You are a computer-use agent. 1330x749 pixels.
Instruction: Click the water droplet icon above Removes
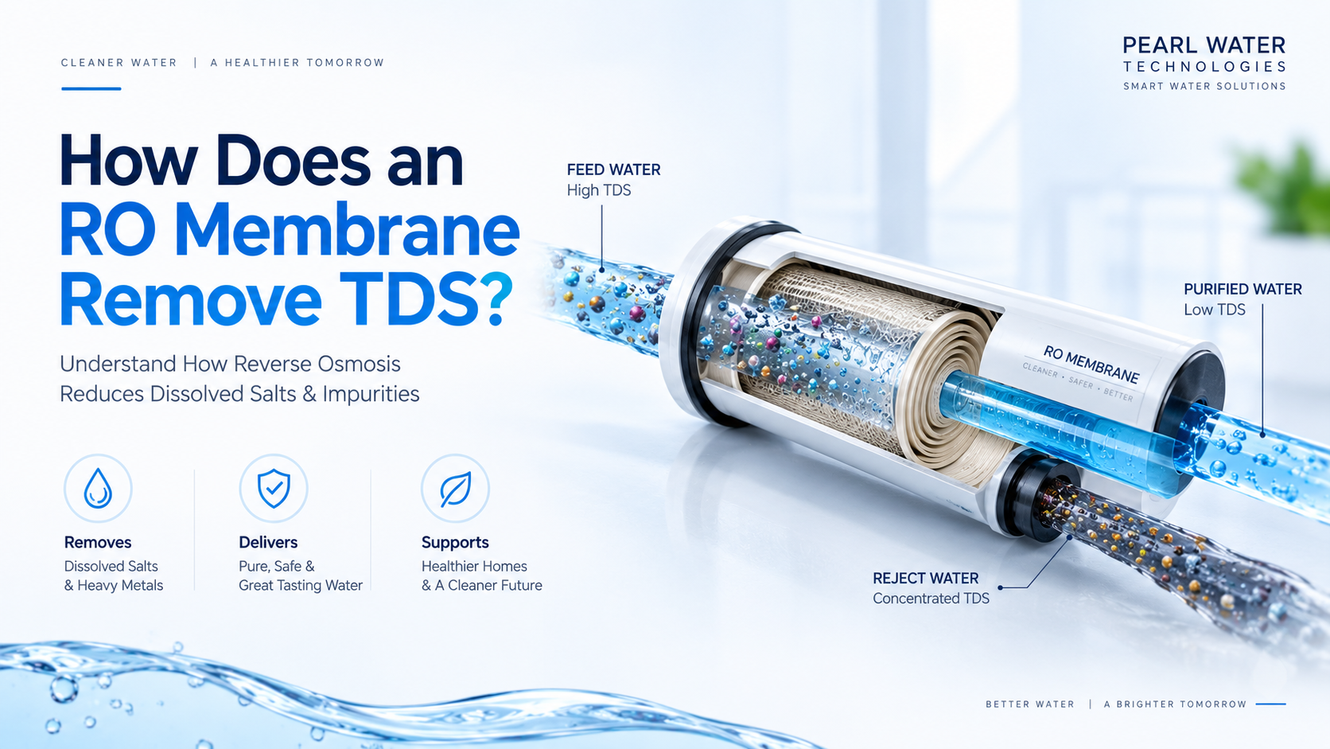click(98, 488)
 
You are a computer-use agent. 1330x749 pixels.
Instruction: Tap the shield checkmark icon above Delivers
click(274, 488)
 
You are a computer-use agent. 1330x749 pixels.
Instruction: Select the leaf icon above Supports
click(456, 489)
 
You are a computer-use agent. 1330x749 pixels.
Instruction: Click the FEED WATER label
click(613, 170)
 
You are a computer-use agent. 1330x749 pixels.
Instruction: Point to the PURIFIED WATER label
click(1242, 289)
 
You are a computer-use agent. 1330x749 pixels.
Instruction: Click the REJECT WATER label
click(926, 578)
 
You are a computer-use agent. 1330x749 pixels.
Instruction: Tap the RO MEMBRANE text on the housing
click(1091, 365)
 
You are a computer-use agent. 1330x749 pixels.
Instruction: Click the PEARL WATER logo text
click(1204, 45)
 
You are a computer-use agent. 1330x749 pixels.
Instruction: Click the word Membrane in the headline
click(347, 230)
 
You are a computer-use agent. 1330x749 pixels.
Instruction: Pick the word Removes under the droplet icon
click(97, 542)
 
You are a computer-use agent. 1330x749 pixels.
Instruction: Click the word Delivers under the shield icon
click(268, 542)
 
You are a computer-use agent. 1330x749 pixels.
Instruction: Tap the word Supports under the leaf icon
click(455, 543)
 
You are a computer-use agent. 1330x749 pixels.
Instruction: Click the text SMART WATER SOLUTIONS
click(1204, 86)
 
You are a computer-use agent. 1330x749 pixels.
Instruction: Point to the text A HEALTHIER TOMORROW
click(297, 63)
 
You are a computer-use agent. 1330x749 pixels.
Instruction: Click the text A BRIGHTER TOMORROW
click(1175, 704)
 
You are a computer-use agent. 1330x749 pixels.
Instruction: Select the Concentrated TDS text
click(931, 598)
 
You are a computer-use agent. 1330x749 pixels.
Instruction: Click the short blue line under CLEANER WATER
click(91, 88)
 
